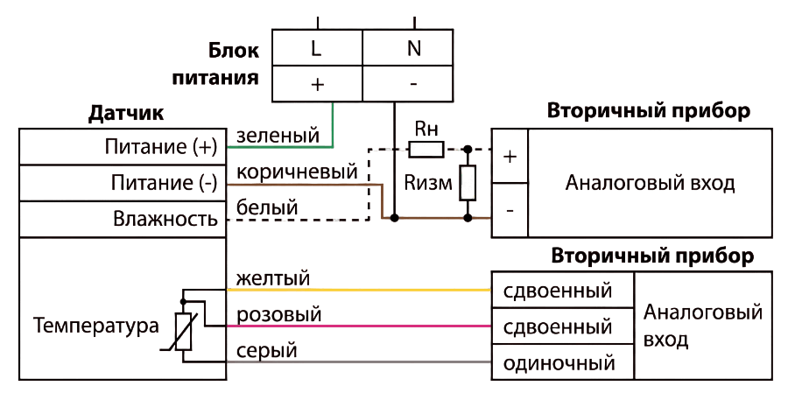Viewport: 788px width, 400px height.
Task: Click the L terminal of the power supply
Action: pyautogui.click(x=317, y=47)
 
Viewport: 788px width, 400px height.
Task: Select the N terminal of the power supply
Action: pyautogui.click(x=407, y=47)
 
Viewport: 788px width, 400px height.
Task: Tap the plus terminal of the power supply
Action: pyautogui.click(x=317, y=83)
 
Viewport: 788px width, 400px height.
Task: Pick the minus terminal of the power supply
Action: pyautogui.click(x=407, y=83)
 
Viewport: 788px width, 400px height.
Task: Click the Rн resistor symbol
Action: pyautogui.click(x=426, y=150)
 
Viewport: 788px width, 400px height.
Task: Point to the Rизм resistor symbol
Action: pyautogui.click(x=468, y=183)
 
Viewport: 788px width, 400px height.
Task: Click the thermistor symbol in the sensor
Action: pyautogui.click(x=183, y=331)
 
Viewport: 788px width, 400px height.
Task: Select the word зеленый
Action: pyautogui.click(x=278, y=135)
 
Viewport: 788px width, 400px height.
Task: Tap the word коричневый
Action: pyautogui.click(x=297, y=172)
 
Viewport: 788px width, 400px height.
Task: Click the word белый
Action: pyautogui.click(x=267, y=207)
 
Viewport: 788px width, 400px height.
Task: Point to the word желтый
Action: pyautogui.click(x=273, y=277)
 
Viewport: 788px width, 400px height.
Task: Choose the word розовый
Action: pyautogui.click(x=278, y=314)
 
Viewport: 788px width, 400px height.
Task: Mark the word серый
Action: pyautogui.click(x=266, y=351)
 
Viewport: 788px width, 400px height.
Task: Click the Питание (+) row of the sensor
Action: pyautogui.click(x=123, y=147)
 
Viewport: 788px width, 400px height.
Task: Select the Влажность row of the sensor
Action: pyautogui.click(x=123, y=219)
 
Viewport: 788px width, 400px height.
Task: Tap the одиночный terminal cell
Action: pyautogui.click(x=562, y=362)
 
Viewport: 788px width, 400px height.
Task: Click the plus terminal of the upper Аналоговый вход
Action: pyautogui.click(x=510, y=157)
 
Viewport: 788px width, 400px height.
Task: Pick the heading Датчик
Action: pyautogui.click(x=125, y=114)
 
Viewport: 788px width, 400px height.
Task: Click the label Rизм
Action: pyautogui.click(x=428, y=184)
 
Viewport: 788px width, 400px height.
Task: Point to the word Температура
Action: pyautogui.click(x=96, y=326)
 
